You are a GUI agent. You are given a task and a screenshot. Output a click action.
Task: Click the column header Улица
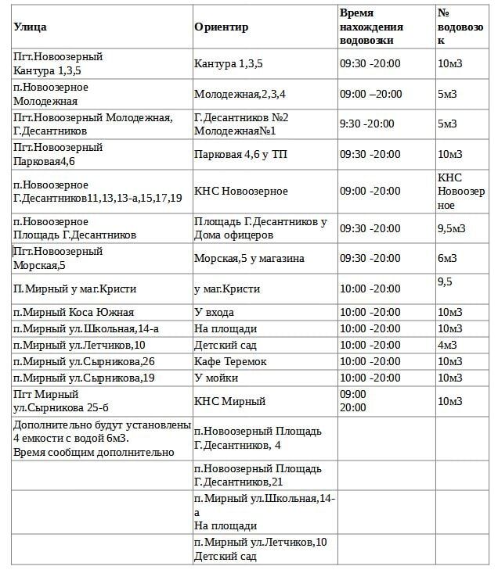tap(30, 27)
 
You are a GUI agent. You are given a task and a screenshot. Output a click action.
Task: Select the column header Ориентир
tap(221, 27)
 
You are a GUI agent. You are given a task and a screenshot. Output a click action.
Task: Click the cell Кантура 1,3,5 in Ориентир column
tap(228, 63)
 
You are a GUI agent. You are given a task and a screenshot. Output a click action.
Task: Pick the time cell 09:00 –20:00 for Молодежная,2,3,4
tap(370, 94)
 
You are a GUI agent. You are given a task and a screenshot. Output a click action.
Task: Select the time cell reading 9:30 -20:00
tap(366, 124)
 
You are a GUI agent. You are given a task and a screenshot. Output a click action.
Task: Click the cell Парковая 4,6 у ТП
tap(240, 154)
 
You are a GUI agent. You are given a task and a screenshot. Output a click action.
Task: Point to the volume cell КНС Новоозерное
tap(461, 191)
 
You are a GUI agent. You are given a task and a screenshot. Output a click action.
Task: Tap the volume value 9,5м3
tap(452, 228)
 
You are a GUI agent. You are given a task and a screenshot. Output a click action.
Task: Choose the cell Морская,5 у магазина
tap(249, 259)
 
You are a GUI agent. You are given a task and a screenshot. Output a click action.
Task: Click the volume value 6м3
tap(447, 259)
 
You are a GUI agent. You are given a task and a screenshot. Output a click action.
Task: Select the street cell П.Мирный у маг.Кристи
tap(72, 288)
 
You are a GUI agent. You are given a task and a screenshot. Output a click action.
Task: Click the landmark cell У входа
tap(214, 312)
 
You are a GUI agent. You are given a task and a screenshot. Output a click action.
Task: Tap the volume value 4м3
tap(447, 345)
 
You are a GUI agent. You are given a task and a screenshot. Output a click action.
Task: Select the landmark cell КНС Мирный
tap(229, 401)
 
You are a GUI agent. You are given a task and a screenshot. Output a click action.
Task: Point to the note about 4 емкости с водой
tap(102, 439)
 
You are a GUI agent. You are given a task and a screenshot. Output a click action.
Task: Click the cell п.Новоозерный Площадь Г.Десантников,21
tap(258, 475)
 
